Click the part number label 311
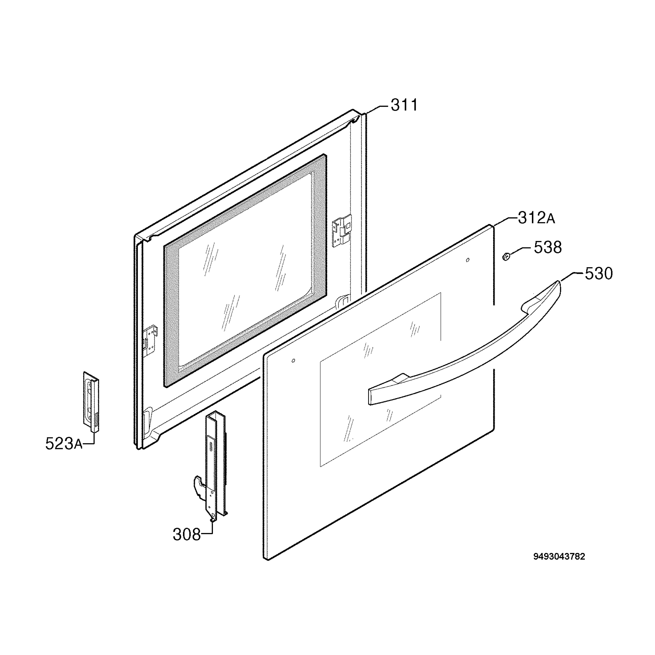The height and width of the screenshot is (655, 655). (404, 105)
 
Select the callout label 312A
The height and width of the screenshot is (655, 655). (536, 218)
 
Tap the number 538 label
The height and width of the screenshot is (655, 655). (547, 248)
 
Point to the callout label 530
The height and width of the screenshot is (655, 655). (599, 273)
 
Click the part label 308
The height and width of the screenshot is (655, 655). (187, 535)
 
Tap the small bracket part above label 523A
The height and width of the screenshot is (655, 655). (91, 402)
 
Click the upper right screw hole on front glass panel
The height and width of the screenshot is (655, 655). (468, 260)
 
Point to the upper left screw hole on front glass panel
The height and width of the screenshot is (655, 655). (293, 360)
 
